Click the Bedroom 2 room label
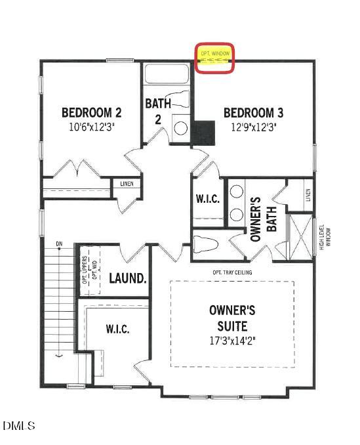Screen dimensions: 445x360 [x=91, y=112]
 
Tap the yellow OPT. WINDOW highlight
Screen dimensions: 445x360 [x=215, y=60]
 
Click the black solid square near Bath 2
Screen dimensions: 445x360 [x=204, y=133]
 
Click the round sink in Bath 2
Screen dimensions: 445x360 [x=180, y=127]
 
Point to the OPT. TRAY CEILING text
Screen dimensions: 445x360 [x=232, y=272]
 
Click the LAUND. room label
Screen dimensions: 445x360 [x=127, y=278]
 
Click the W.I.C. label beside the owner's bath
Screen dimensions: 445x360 [x=207, y=199]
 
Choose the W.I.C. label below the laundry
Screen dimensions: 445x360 [x=117, y=328]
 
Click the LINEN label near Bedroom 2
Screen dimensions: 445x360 [x=126, y=184]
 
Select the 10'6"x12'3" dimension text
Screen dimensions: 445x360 [x=91, y=129]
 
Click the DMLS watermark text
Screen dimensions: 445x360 [x=19, y=426]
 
